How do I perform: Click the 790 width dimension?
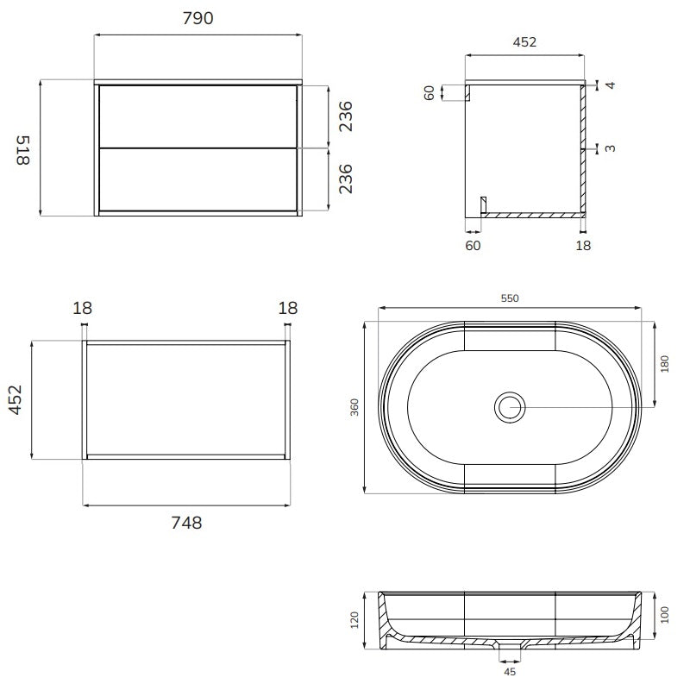tap(198, 18)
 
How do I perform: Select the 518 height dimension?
tap(23, 150)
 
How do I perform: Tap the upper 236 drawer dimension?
tap(346, 116)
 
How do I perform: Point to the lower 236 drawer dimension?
tap(346, 179)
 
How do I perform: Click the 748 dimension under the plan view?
tap(186, 523)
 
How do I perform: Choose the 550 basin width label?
tap(510, 298)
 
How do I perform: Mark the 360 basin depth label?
tap(354, 407)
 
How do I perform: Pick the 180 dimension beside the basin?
tap(664, 364)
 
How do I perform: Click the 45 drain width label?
tap(510, 672)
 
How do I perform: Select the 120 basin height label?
tap(354, 620)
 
